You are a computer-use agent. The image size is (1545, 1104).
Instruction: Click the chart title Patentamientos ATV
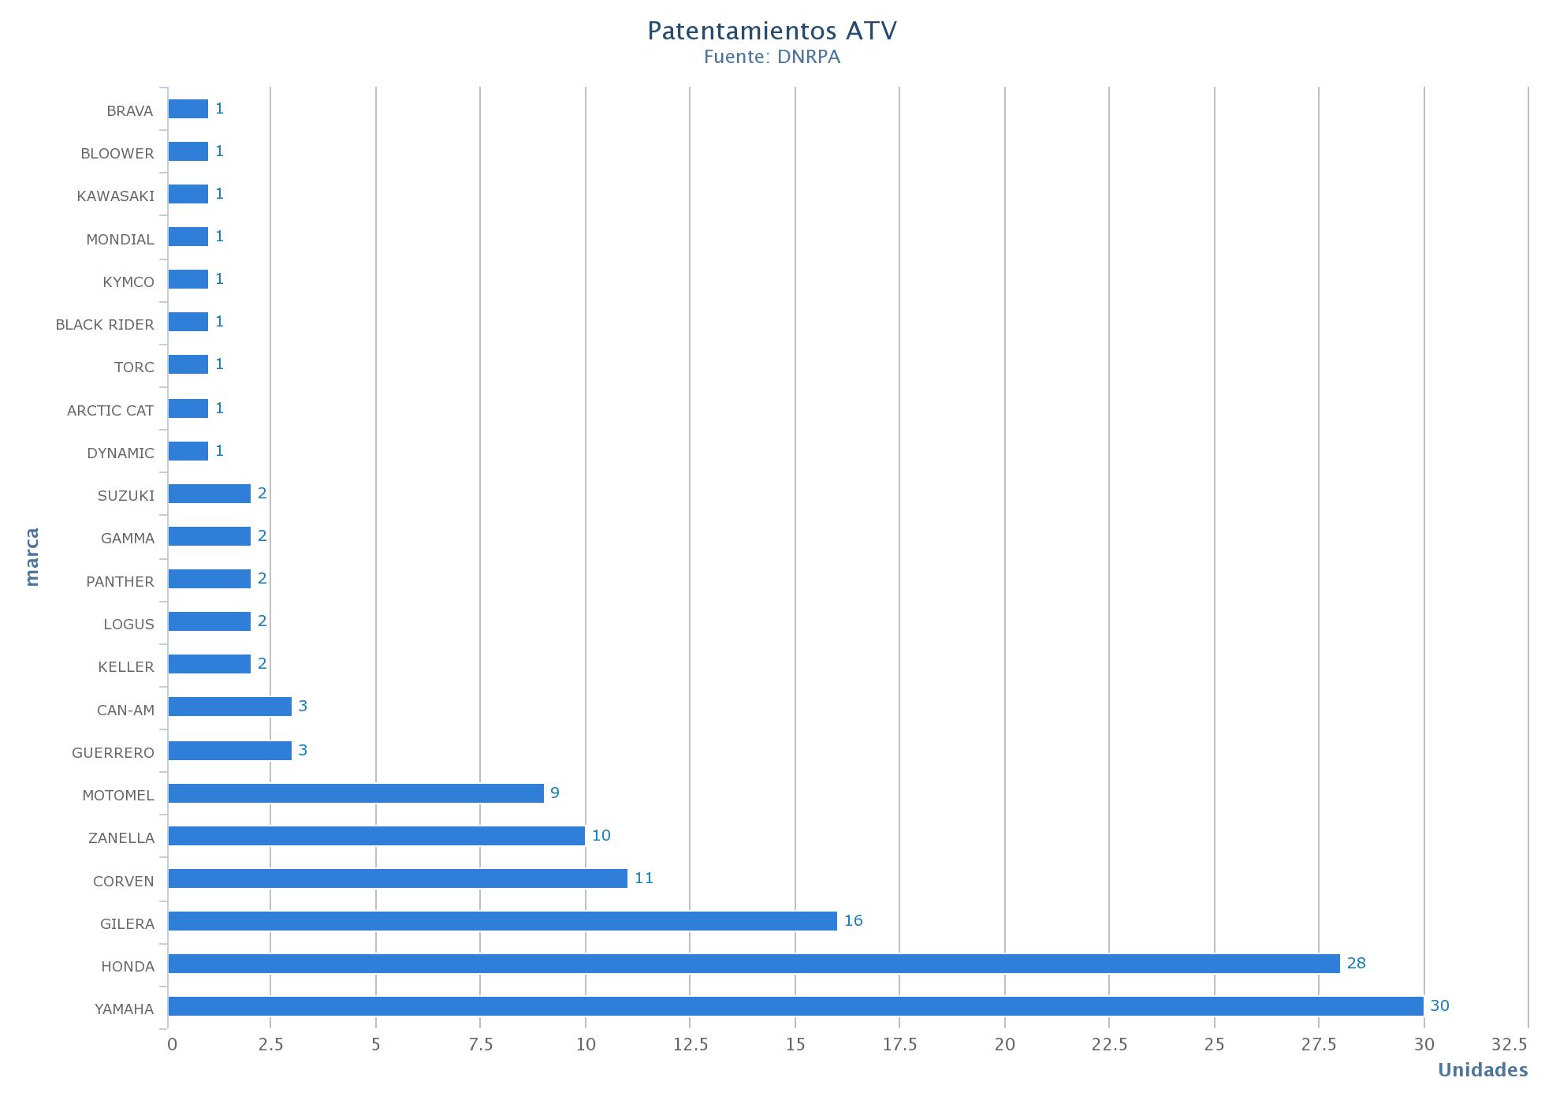[772, 32]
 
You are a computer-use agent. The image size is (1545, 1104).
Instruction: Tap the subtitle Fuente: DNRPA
[772, 58]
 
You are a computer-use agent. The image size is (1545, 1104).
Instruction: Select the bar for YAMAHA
[795, 1006]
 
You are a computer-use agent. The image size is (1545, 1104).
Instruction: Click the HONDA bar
[754, 964]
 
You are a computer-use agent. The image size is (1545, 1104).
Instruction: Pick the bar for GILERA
[502, 921]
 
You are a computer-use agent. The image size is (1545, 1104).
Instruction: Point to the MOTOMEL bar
[356, 793]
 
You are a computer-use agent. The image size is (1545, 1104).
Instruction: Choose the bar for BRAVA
[188, 109]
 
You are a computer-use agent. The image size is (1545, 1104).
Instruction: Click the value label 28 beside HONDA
[1356, 964]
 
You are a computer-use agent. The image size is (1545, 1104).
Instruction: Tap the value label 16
[853, 921]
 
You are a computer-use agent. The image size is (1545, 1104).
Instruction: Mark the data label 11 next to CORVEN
[643, 878]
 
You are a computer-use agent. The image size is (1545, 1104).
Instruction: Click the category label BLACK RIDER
[105, 325]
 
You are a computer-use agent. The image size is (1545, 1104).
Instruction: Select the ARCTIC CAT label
[110, 411]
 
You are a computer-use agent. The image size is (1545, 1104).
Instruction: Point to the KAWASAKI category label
[116, 196]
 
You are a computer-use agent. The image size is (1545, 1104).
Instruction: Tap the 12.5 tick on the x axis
[691, 1045]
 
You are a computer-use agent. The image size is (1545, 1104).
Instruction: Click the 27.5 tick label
[1319, 1045]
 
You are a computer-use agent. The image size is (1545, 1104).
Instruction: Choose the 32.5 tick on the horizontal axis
[1509, 1045]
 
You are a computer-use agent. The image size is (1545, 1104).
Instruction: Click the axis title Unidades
[1482, 1070]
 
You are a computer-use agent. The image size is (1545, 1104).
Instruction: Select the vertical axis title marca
[32, 558]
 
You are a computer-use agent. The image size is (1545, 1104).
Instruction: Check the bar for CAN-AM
[229, 707]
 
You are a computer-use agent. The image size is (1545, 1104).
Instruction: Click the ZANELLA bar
[376, 836]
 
